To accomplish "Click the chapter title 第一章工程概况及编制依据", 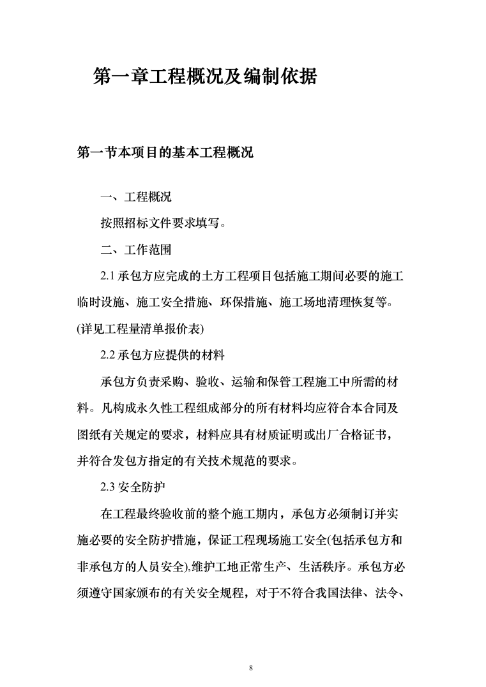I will [x=205, y=77].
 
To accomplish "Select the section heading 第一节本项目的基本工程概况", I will [x=164, y=154].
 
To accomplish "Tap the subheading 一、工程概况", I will [x=136, y=197].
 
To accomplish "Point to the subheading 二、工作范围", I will [x=136, y=249].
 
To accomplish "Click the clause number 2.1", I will [x=107, y=276].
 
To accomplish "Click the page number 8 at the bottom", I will [x=251, y=651].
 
